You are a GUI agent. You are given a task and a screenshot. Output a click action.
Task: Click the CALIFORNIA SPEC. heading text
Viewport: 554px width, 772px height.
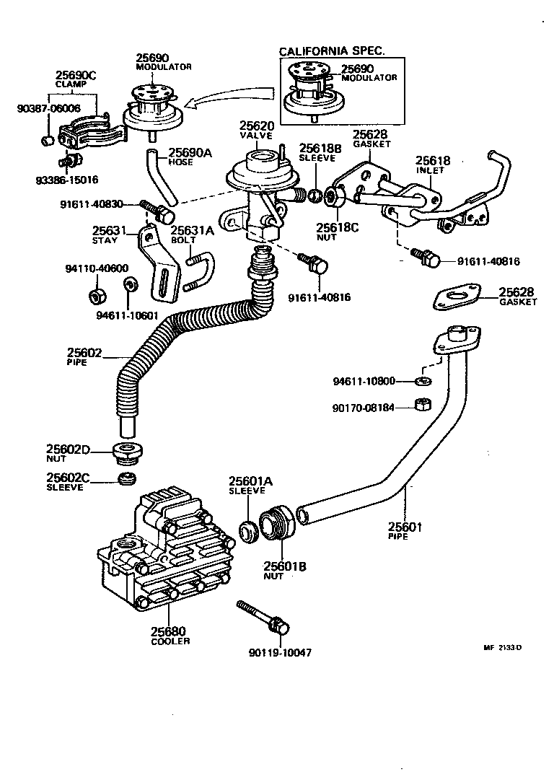click(x=332, y=51)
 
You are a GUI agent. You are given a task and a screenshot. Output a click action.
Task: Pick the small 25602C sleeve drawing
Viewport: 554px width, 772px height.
click(x=128, y=480)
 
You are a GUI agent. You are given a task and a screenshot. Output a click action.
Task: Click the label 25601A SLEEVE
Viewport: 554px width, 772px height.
click(x=248, y=485)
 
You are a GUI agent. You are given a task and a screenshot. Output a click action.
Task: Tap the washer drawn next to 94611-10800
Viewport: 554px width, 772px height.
click(x=424, y=380)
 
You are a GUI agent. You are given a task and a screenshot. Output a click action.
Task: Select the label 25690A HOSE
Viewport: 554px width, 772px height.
click(x=190, y=156)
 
